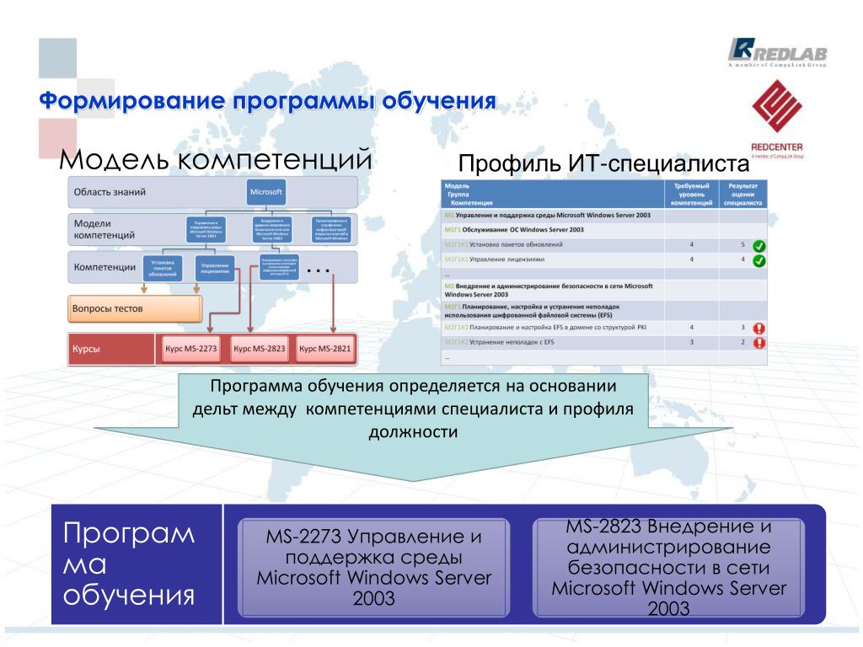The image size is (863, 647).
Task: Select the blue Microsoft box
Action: click(266, 192)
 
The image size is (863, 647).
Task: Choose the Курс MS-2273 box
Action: click(188, 348)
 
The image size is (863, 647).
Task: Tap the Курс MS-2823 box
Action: click(259, 348)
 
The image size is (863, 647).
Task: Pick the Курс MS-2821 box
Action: click(324, 348)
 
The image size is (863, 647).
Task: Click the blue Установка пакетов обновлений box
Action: click(163, 269)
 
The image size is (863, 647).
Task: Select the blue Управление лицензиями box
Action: click(216, 269)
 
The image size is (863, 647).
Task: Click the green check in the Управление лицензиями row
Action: click(758, 260)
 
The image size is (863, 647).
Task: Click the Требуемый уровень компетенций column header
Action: click(691, 194)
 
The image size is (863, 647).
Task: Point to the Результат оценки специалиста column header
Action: click(743, 194)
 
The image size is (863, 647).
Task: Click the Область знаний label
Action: click(110, 192)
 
